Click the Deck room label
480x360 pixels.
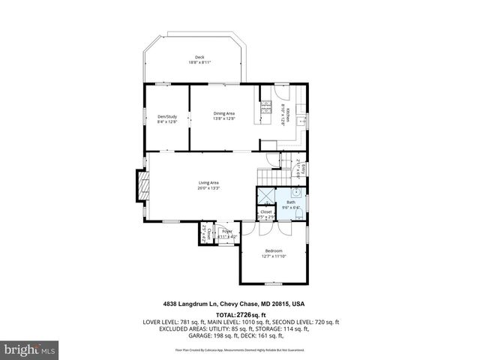pos(199,58)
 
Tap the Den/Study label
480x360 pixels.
pos(166,116)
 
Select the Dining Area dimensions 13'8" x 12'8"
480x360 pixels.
pos(224,118)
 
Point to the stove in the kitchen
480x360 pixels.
pos(265,112)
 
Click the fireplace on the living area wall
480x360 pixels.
pos(139,187)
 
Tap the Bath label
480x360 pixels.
pos(290,202)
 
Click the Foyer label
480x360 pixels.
pos(226,232)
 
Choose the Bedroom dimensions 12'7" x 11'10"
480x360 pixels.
pos(274,256)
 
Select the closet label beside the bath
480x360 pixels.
pos(266,212)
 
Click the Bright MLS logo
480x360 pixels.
pos(30,349)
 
